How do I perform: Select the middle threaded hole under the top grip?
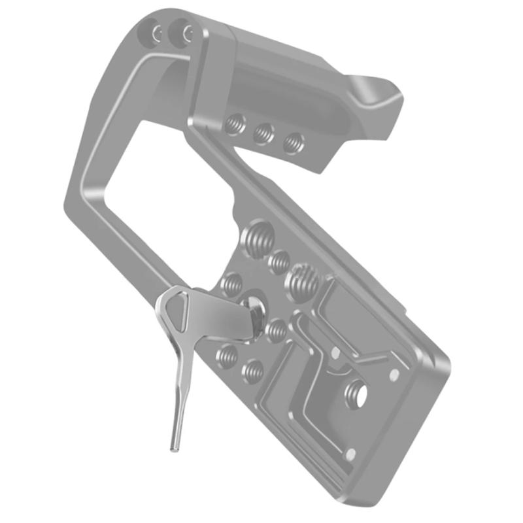[x=263, y=133]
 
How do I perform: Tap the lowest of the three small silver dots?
[x=351, y=453]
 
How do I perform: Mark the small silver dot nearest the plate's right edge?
[x=394, y=375]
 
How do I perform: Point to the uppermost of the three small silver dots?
[x=335, y=352]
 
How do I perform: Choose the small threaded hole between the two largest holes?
[x=279, y=261]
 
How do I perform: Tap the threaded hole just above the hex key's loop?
[x=231, y=283]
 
